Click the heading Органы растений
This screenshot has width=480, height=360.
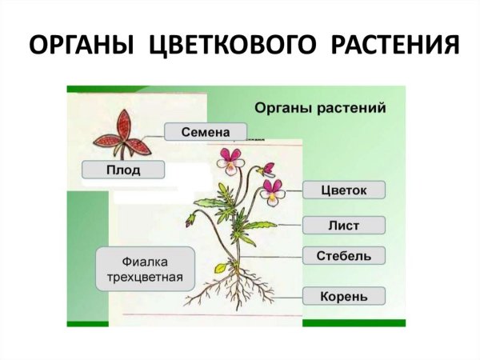click(x=320, y=106)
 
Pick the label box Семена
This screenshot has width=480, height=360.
click(x=206, y=131)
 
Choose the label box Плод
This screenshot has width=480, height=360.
click(x=123, y=170)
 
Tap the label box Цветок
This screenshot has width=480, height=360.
click(x=345, y=190)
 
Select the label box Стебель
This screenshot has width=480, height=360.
click(x=345, y=257)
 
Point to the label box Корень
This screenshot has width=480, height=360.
click(x=345, y=297)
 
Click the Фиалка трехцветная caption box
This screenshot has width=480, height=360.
click(x=146, y=269)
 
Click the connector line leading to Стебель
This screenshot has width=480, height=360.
click(x=272, y=257)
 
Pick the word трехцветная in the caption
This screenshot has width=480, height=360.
click(x=146, y=279)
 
